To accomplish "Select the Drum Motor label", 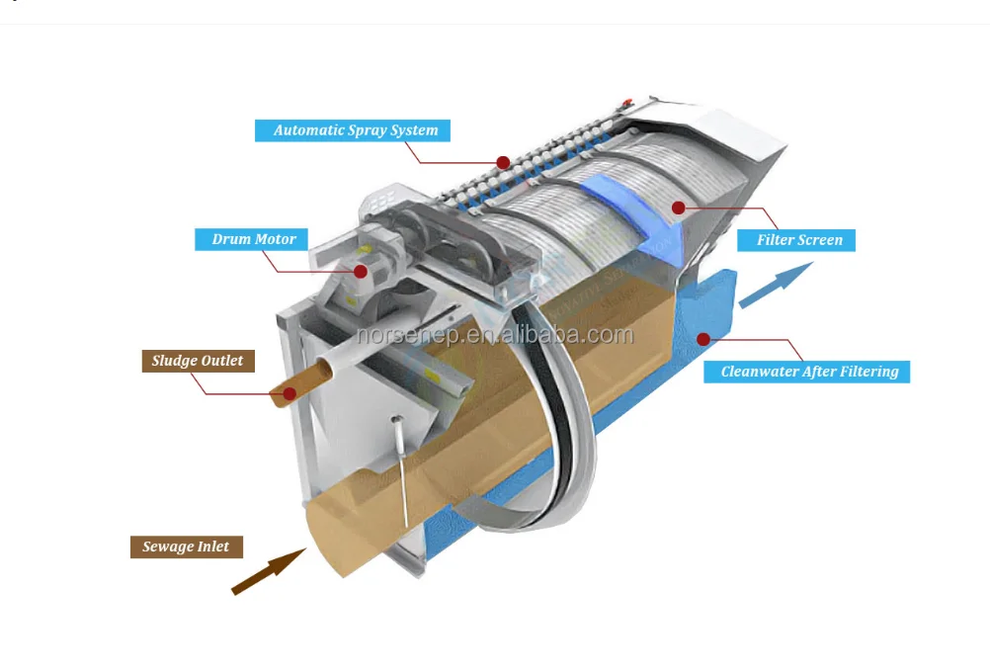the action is pyautogui.click(x=253, y=239).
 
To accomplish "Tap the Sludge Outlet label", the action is pyautogui.click(x=198, y=361).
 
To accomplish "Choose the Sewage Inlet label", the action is pyautogui.click(x=186, y=546).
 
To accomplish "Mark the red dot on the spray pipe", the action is pyautogui.click(x=503, y=161).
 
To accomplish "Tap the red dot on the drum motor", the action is pyautogui.click(x=361, y=271).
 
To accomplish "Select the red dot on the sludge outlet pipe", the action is pyautogui.click(x=289, y=393).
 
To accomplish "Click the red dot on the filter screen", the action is pyautogui.click(x=678, y=208).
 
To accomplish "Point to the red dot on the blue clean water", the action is pyautogui.click(x=703, y=338).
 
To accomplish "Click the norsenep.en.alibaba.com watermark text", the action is pyautogui.click(x=494, y=335).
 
